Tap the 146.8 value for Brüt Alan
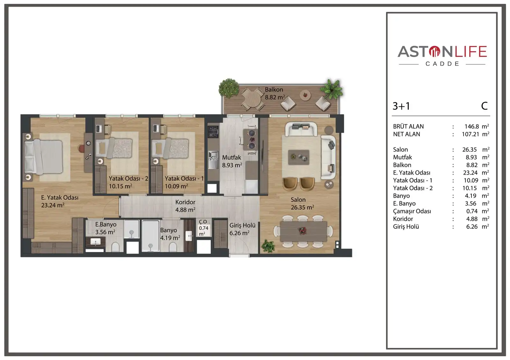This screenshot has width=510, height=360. click(471, 126)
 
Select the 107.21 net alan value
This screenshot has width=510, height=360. click(470, 134)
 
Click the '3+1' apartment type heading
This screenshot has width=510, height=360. click(401, 106)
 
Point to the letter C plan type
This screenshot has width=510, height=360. click(484, 106)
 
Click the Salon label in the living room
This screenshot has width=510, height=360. click(298, 200)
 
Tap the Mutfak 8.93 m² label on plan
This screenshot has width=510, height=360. click(232, 161)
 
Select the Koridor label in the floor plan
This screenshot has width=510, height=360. click(185, 202)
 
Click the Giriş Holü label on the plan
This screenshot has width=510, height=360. click(242, 226)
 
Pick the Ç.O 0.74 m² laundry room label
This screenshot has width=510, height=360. click(203, 227)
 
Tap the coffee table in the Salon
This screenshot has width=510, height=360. click(299, 157)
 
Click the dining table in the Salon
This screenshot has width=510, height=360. click(303, 231)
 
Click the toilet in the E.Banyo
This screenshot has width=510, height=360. click(115, 247)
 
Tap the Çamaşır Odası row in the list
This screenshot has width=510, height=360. click(412, 211)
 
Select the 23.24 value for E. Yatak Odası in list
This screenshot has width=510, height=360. click(470, 173)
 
